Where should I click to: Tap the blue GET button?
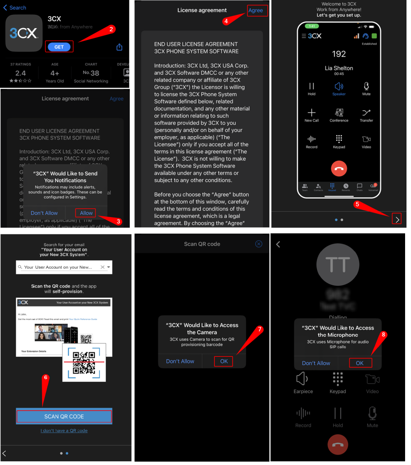[59, 47]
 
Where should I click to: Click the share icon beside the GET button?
[119, 47]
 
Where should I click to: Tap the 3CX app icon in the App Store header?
[24, 33]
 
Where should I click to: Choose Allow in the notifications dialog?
[86, 213]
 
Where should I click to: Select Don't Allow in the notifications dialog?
[44, 213]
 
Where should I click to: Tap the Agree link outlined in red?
[256, 10]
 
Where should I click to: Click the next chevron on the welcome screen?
[397, 220]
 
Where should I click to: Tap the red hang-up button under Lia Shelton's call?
[339, 169]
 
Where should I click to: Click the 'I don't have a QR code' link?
[64, 430]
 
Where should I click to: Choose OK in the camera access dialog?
[224, 361]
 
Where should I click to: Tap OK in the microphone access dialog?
[360, 363]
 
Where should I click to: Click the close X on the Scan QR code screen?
[259, 244]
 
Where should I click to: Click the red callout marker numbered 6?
[45, 377]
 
